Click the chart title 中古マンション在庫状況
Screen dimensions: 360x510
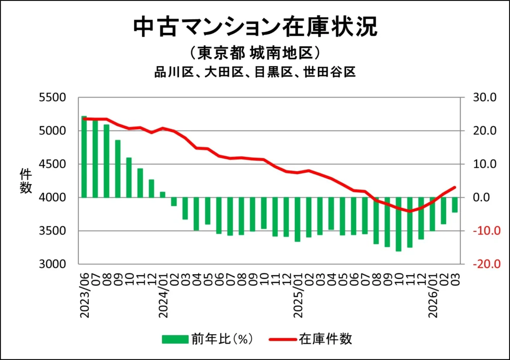click(255, 27)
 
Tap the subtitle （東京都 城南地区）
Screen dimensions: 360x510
click(255, 53)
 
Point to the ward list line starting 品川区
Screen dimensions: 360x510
click(255, 72)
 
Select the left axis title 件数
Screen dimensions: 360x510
click(26, 181)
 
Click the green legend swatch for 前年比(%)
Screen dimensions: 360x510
click(175, 339)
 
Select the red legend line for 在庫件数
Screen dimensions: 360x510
click(283, 339)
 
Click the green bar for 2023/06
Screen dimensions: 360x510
click(84, 157)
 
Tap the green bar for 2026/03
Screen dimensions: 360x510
click(455, 205)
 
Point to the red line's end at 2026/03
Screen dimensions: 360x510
click(455, 187)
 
